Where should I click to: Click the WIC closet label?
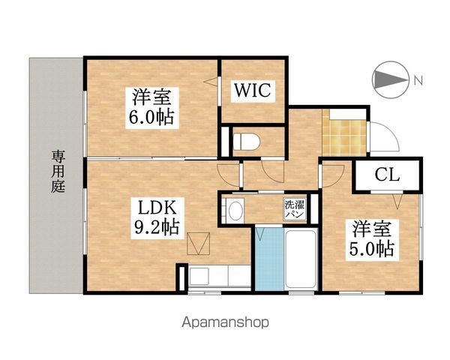tap(251, 91)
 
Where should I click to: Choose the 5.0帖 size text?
tap(370, 247)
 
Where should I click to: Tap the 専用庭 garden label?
tap(58, 172)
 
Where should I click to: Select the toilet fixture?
tap(245, 140)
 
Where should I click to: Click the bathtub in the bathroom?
tap(299, 259)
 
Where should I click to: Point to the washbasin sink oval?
tap(235, 209)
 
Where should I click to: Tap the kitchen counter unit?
tap(214, 276)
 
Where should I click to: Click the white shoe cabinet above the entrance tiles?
tap(349, 112)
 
